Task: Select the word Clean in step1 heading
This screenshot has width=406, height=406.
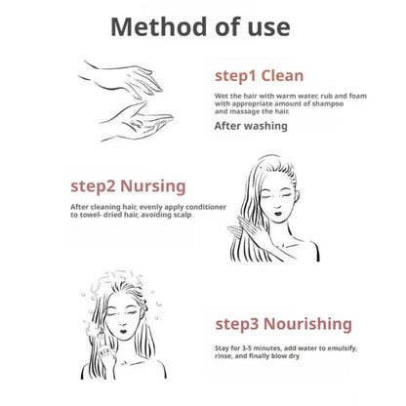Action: click(282, 75)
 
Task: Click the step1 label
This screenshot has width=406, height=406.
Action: click(235, 76)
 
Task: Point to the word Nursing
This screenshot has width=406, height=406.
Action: click(153, 186)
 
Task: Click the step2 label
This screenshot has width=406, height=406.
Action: click(93, 187)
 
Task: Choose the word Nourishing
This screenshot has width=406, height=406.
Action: click(307, 324)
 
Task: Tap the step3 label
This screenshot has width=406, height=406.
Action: click(237, 325)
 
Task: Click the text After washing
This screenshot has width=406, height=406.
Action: click(251, 126)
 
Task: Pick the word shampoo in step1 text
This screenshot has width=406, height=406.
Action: click(328, 103)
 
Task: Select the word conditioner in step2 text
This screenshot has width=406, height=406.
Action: click(206, 207)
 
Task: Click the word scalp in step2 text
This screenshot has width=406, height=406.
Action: click(182, 215)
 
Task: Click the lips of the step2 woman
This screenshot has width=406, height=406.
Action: click(278, 213)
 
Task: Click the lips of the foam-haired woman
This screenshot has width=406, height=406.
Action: click(123, 330)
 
